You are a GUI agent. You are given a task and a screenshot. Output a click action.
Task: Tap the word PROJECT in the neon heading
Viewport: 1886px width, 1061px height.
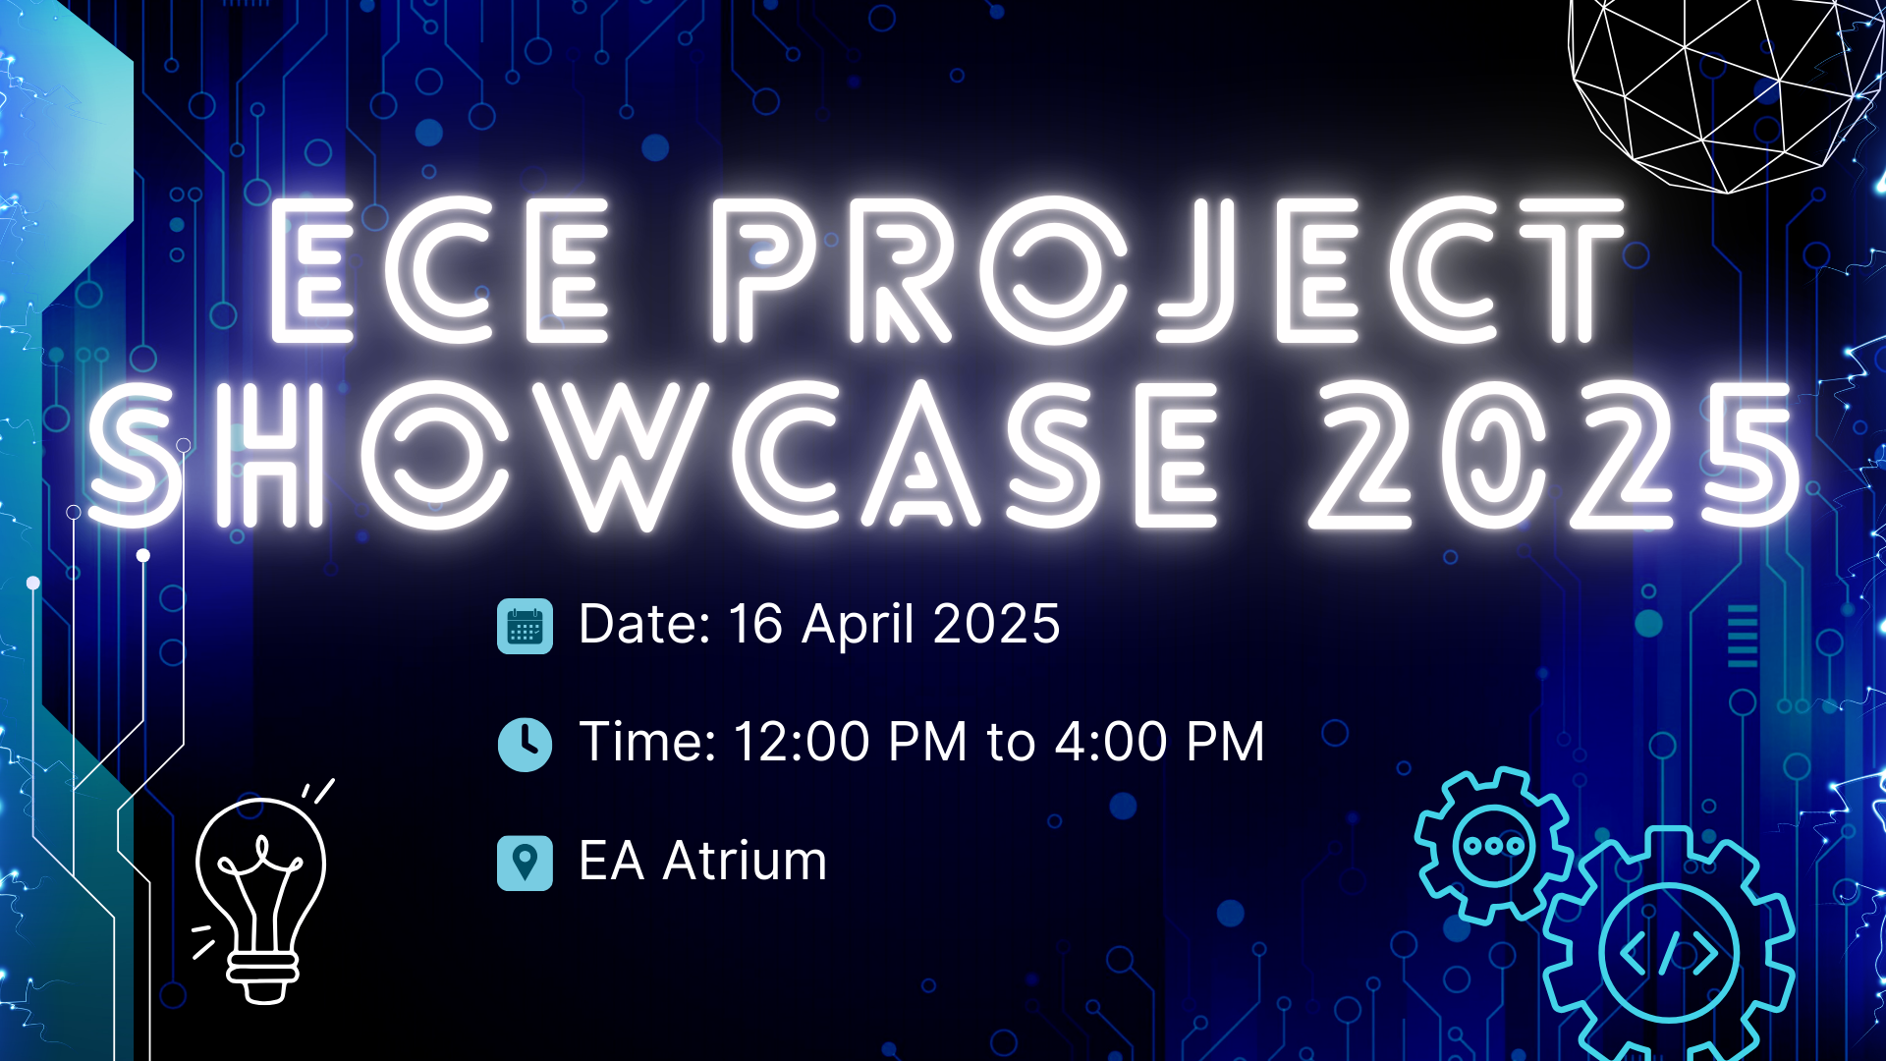click(1169, 270)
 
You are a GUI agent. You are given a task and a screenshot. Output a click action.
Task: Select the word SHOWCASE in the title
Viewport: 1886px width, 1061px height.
click(653, 454)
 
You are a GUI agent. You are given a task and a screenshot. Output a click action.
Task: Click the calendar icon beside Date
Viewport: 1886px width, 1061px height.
click(525, 626)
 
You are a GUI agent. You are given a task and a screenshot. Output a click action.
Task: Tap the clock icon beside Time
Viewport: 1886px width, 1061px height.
click(525, 744)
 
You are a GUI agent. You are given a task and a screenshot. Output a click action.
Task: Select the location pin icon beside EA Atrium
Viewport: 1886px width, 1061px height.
click(525, 863)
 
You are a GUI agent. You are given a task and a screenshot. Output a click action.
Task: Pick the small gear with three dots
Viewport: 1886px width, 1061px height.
click(1492, 845)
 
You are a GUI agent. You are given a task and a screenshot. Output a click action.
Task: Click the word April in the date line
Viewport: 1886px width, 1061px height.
click(859, 626)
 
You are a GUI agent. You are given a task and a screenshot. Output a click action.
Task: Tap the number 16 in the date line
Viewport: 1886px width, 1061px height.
click(754, 625)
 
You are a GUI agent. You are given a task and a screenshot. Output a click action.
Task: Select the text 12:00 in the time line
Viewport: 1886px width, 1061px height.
click(801, 742)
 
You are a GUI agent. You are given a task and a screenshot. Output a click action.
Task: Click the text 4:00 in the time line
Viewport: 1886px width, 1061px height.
click(1110, 742)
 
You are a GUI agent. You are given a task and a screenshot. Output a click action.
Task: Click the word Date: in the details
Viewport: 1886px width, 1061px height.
click(644, 625)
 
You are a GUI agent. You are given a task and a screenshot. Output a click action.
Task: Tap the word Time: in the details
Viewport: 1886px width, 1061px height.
click(647, 742)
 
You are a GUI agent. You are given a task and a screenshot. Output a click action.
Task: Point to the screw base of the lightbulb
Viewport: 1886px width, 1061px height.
click(262, 977)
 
